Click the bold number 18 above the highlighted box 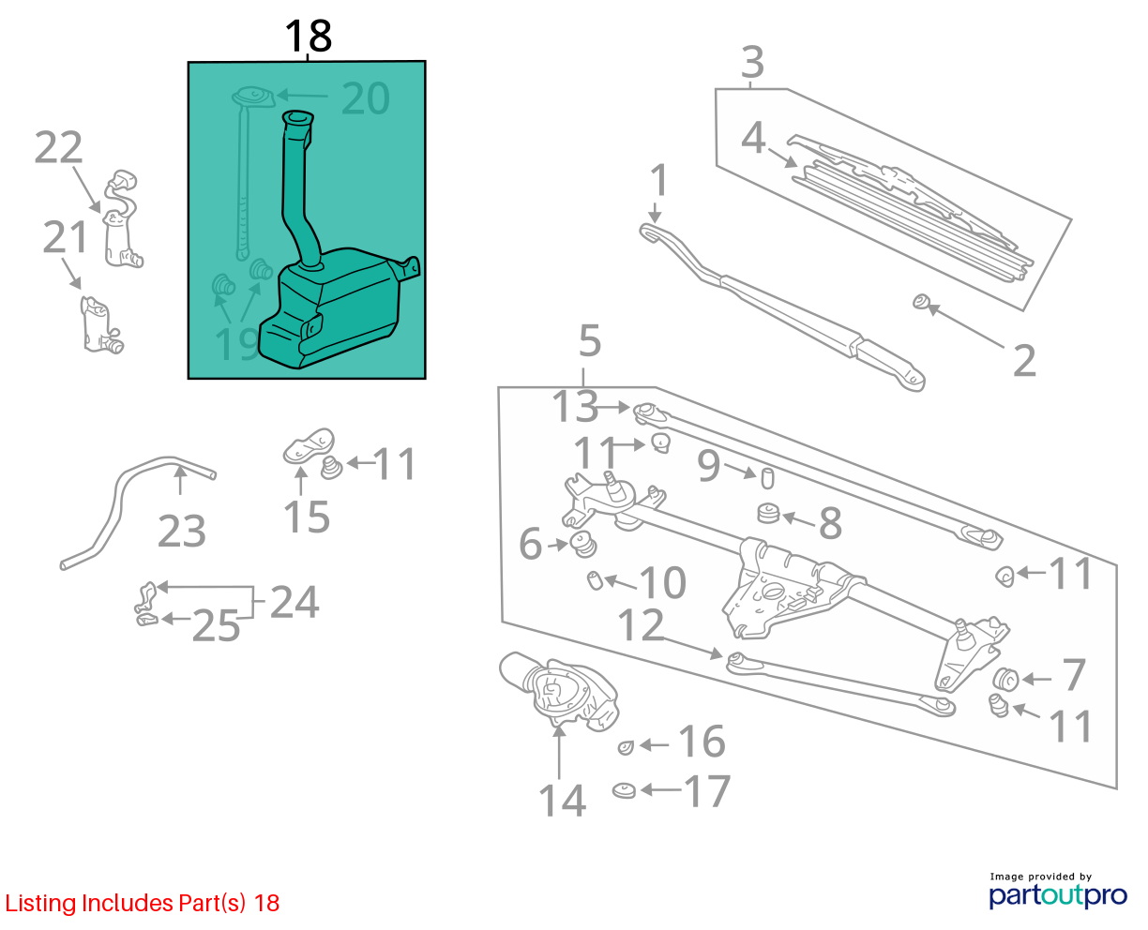tap(309, 37)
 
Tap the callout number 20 tap(366, 98)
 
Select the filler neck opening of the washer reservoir tap(298, 117)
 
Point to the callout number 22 tap(58, 147)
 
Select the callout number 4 tap(753, 138)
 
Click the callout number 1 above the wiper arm tap(659, 180)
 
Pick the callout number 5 tap(590, 341)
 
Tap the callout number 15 tap(306, 517)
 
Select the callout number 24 tap(295, 602)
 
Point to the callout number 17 tap(707, 791)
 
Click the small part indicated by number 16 tap(626, 747)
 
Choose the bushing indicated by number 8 tap(768, 513)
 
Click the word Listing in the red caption tap(40, 904)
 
